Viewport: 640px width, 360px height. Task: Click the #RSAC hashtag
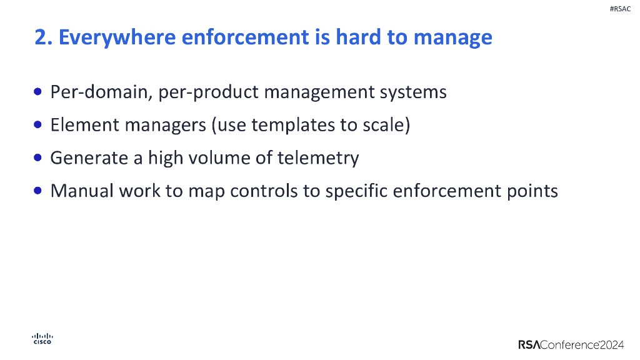coord(619,9)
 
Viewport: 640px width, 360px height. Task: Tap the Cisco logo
coord(42,339)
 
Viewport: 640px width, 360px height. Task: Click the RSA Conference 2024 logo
coord(571,344)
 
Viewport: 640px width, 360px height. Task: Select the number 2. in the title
coord(43,37)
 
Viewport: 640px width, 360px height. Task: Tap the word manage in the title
coord(453,37)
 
